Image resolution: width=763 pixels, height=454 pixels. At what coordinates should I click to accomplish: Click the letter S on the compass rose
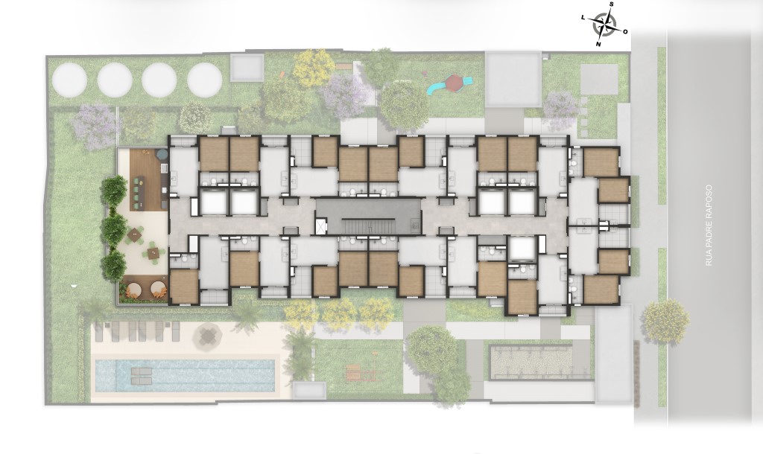(612, 5)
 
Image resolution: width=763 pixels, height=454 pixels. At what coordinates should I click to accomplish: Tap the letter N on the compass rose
(598, 44)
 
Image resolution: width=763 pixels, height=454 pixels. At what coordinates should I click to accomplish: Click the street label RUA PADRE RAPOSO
(709, 225)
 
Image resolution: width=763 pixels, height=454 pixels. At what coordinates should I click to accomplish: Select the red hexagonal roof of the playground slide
(454, 82)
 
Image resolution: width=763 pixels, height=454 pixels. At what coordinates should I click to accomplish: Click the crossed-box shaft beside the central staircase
(320, 226)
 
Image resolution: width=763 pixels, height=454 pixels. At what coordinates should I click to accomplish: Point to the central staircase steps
(368, 226)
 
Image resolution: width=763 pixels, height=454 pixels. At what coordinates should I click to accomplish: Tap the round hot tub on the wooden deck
(161, 155)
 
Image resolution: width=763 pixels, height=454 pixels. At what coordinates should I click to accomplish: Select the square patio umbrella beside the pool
(208, 335)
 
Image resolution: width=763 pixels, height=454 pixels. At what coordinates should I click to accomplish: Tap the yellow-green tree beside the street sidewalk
(665, 321)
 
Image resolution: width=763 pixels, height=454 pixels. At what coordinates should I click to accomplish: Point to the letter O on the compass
(626, 32)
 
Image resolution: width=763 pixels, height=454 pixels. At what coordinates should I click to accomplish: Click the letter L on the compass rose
(583, 17)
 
